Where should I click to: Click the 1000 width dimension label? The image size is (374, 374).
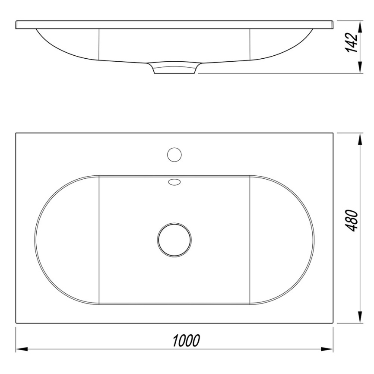click(x=186, y=341)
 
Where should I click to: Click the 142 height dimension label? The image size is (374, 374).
click(x=353, y=42)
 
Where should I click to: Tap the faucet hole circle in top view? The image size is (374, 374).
click(x=174, y=155)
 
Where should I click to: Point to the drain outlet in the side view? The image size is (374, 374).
click(x=174, y=69)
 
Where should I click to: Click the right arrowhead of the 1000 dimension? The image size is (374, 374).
click(x=330, y=348)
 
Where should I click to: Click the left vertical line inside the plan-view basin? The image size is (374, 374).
click(x=99, y=239)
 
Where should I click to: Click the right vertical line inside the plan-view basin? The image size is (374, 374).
click(x=250, y=239)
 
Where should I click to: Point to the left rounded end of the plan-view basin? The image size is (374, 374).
click(x=36, y=239)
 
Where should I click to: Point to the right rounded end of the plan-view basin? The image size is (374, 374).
click(x=314, y=239)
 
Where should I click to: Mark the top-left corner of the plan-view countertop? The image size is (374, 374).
click(x=16, y=133)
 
